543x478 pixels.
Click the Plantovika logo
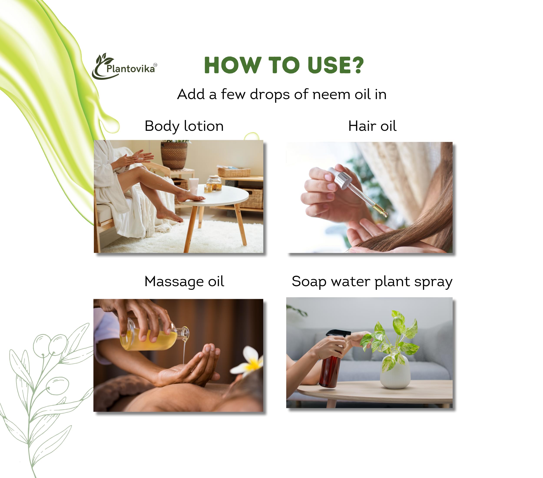pyautogui.click(x=124, y=66)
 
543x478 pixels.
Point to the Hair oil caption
pyautogui.click(x=372, y=126)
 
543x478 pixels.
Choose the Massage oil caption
pyautogui.click(x=184, y=282)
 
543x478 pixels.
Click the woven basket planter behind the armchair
pyautogui.click(x=174, y=155)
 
